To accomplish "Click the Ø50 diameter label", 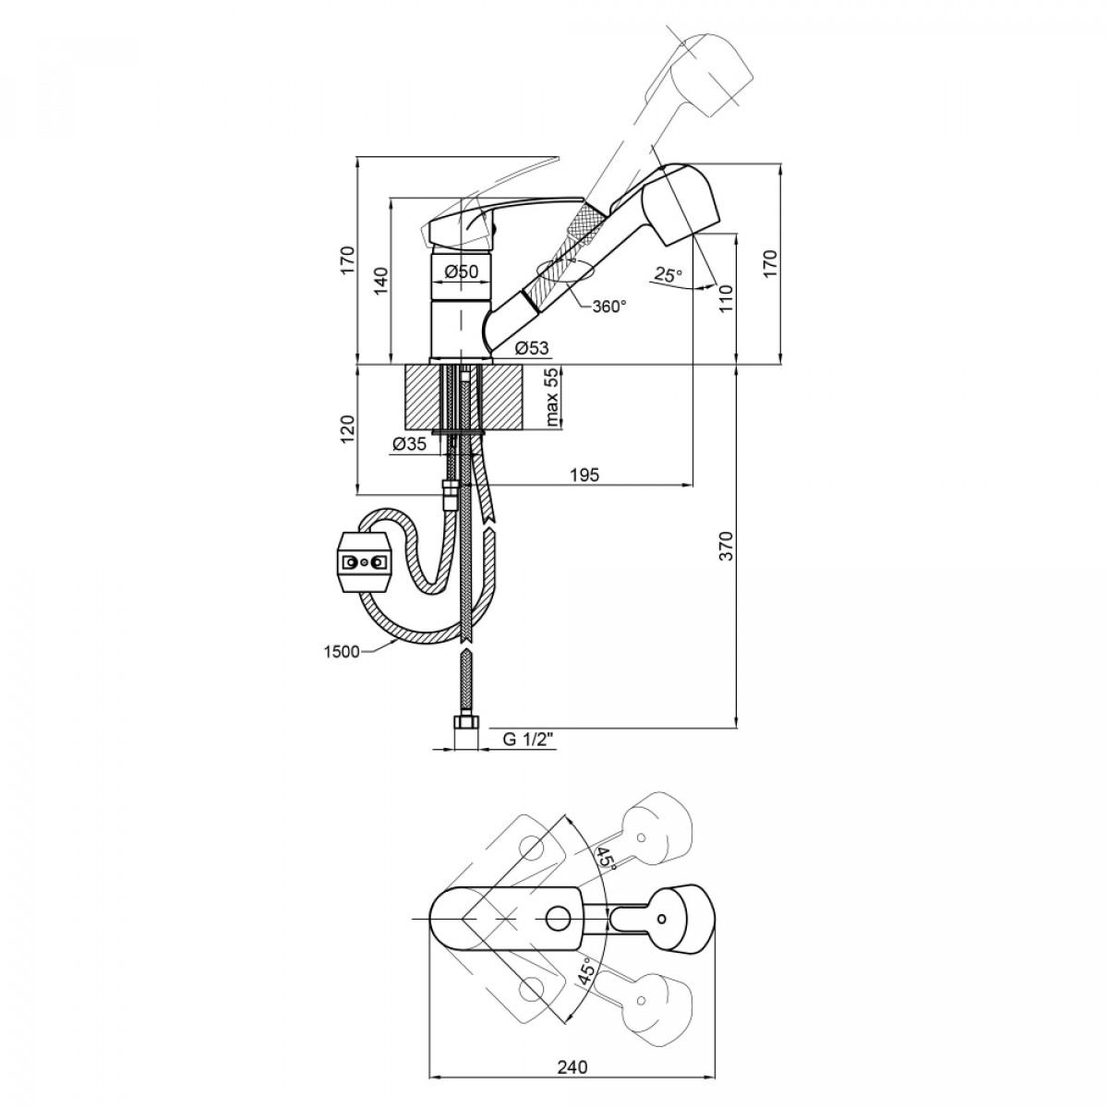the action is tap(461, 271).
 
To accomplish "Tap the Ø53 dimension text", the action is tap(532, 348).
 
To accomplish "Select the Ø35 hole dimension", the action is tap(409, 444).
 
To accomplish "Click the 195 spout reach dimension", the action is tap(584, 475).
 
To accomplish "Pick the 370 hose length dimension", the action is tap(727, 547).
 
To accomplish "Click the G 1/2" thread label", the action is tap(527, 740).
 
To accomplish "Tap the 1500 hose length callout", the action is tap(341, 652).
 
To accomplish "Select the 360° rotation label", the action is tap(608, 307).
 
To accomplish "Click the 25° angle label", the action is tap(668, 275).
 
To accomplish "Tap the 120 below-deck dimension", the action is tap(348, 428).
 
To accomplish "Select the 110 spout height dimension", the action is tap(727, 298).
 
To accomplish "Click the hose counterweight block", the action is tap(365, 561).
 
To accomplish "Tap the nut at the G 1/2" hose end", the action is tap(466, 722).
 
